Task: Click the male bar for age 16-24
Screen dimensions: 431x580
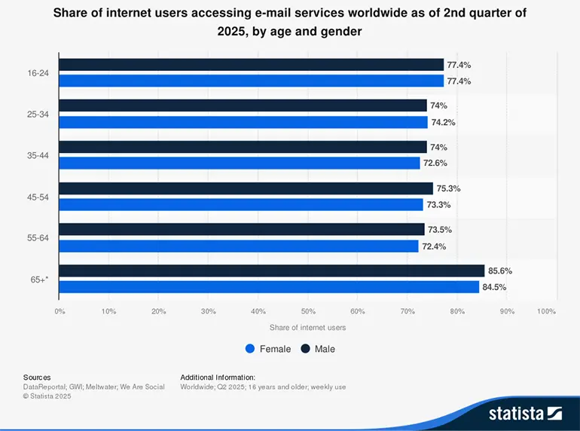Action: click(x=251, y=65)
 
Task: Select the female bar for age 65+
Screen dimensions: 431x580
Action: click(x=269, y=287)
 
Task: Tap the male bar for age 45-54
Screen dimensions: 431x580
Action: click(x=246, y=188)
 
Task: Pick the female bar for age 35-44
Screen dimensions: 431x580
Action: click(x=240, y=163)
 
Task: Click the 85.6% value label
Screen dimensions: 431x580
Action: click(x=501, y=271)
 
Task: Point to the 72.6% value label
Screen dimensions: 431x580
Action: click(x=436, y=164)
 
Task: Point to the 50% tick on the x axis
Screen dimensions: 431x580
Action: click(x=307, y=310)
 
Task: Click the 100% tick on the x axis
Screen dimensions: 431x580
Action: click(x=547, y=310)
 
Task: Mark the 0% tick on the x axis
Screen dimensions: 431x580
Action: click(x=60, y=310)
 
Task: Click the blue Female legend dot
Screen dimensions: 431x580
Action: click(x=250, y=349)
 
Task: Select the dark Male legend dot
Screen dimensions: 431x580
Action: click(x=306, y=349)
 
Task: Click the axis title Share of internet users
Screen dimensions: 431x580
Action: click(x=307, y=327)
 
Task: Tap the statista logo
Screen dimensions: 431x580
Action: click(x=525, y=412)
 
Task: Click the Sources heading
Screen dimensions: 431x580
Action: click(x=37, y=377)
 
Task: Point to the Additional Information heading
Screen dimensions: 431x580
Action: click(x=218, y=377)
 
